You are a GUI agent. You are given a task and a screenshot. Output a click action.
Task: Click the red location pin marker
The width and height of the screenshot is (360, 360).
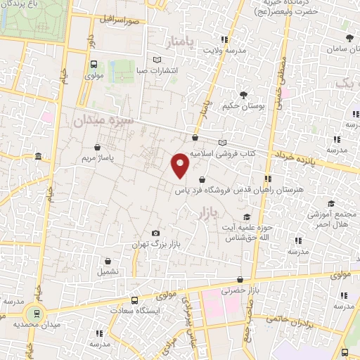[181, 165]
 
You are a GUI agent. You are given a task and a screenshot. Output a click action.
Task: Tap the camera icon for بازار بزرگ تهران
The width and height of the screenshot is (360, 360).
[155, 233]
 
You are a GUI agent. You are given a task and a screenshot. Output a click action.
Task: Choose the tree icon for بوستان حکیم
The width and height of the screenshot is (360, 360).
[243, 94]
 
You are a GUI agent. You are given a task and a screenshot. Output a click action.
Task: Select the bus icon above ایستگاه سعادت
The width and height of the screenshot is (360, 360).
[135, 299]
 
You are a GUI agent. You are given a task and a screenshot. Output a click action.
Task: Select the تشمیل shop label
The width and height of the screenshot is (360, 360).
[108, 271]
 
